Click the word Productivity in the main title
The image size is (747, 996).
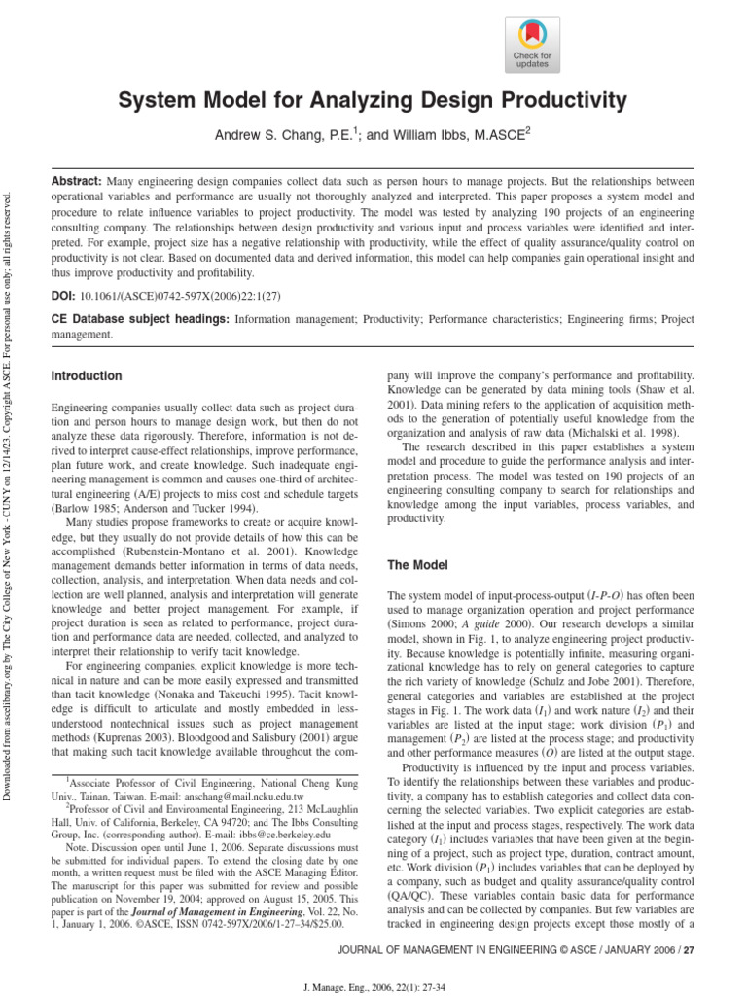[x=564, y=100]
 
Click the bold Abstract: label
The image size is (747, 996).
[x=76, y=182]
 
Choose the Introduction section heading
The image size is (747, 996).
[x=86, y=376]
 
